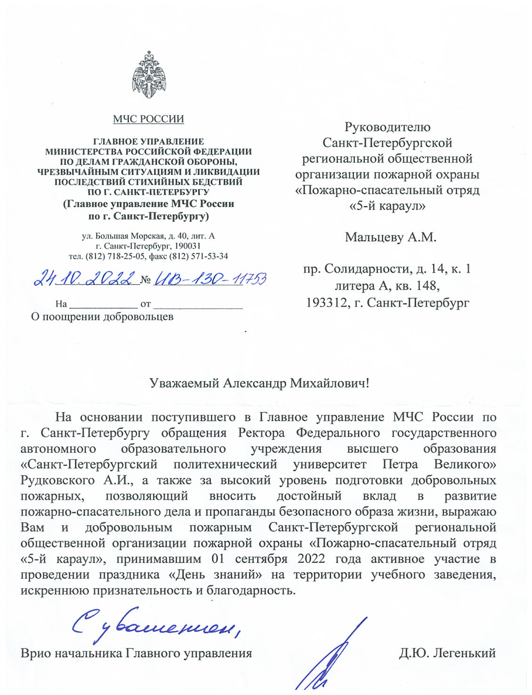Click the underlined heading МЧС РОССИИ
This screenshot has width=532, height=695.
(x=148, y=119)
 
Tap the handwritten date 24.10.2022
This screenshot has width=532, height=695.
(x=85, y=279)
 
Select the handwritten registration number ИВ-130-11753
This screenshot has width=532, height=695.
(x=210, y=279)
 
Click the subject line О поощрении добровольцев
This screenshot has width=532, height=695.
(x=102, y=316)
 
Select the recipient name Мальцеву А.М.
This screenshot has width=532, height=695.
(x=390, y=237)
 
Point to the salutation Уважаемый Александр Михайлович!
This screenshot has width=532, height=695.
(x=260, y=383)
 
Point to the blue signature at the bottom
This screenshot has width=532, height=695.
(x=330, y=658)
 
